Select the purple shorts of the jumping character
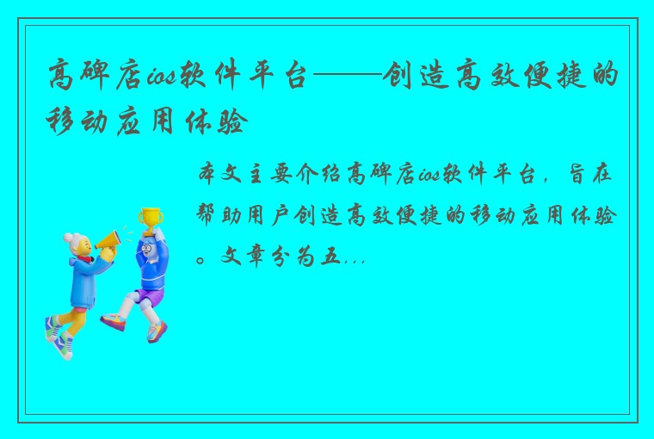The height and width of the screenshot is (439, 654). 148,297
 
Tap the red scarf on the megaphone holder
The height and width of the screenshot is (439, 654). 84,257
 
